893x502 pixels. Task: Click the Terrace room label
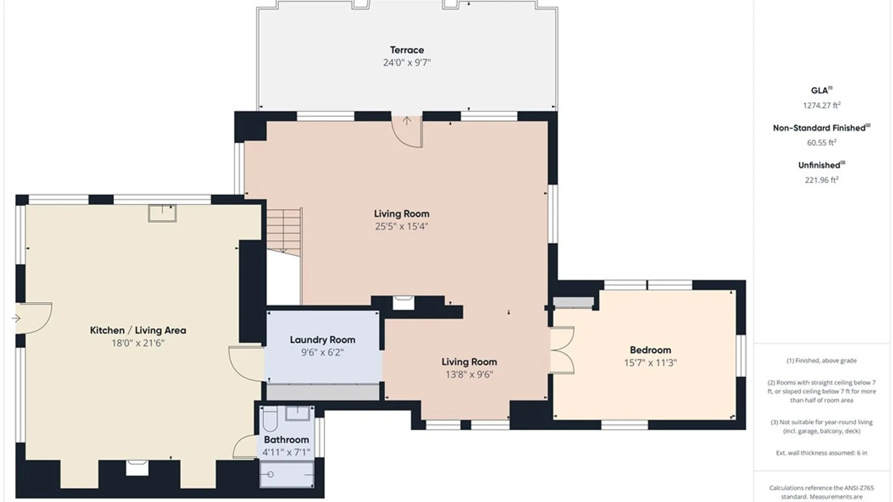(x=407, y=50)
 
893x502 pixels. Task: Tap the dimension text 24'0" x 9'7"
(x=407, y=62)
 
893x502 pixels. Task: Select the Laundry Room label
(x=322, y=340)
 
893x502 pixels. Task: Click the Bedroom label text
(x=650, y=350)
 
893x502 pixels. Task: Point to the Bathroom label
(x=286, y=439)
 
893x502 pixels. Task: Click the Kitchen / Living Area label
(x=138, y=330)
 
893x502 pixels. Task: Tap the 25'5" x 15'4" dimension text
(x=401, y=226)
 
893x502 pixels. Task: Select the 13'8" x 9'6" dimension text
(x=469, y=374)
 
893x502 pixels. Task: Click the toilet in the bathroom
(x=270, y=419)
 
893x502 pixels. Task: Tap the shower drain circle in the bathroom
(x=270, y=474)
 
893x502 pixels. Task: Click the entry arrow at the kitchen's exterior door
(x=16, y=318)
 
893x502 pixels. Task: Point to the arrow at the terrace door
(x=407, y=121)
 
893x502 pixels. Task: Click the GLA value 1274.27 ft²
(x=821, y=106)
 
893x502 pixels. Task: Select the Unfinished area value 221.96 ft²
(x=821, y=180)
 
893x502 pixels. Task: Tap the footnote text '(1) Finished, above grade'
(x=821, y=360)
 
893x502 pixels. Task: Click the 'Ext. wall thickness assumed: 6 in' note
(x=821, y=453)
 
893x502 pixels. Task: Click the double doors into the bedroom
(x=562, y=350)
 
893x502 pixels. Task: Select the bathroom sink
(x=297, y=413)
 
